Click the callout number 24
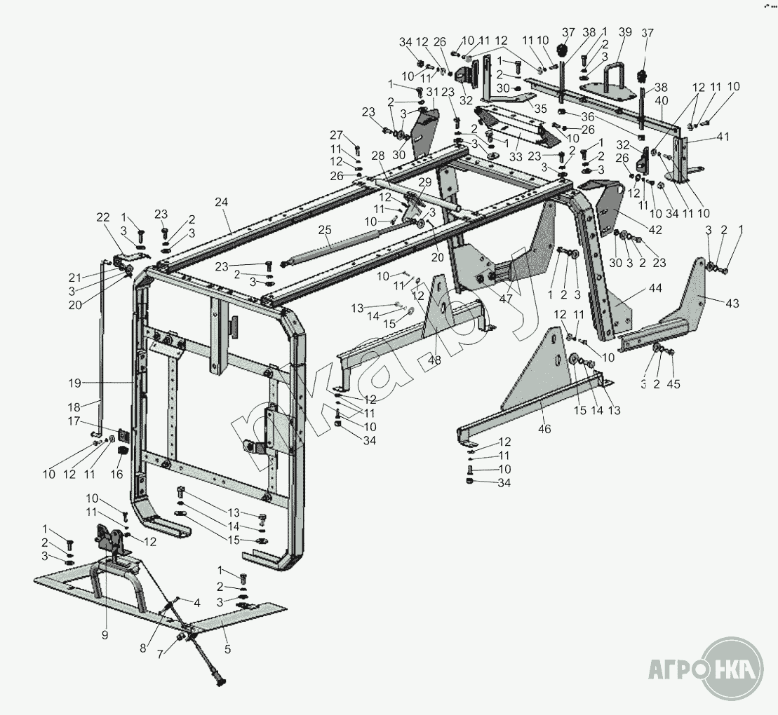(x=222, y=202)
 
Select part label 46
(x=544, y=429)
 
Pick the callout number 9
(x=105, y=635)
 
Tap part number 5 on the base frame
(x=227, y=649)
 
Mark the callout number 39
(x=624, y=32)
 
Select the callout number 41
(x=723, y=137)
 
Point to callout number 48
(x=434, y=360)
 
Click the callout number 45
(x=674, y=384)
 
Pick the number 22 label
(x=104, y=217)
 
